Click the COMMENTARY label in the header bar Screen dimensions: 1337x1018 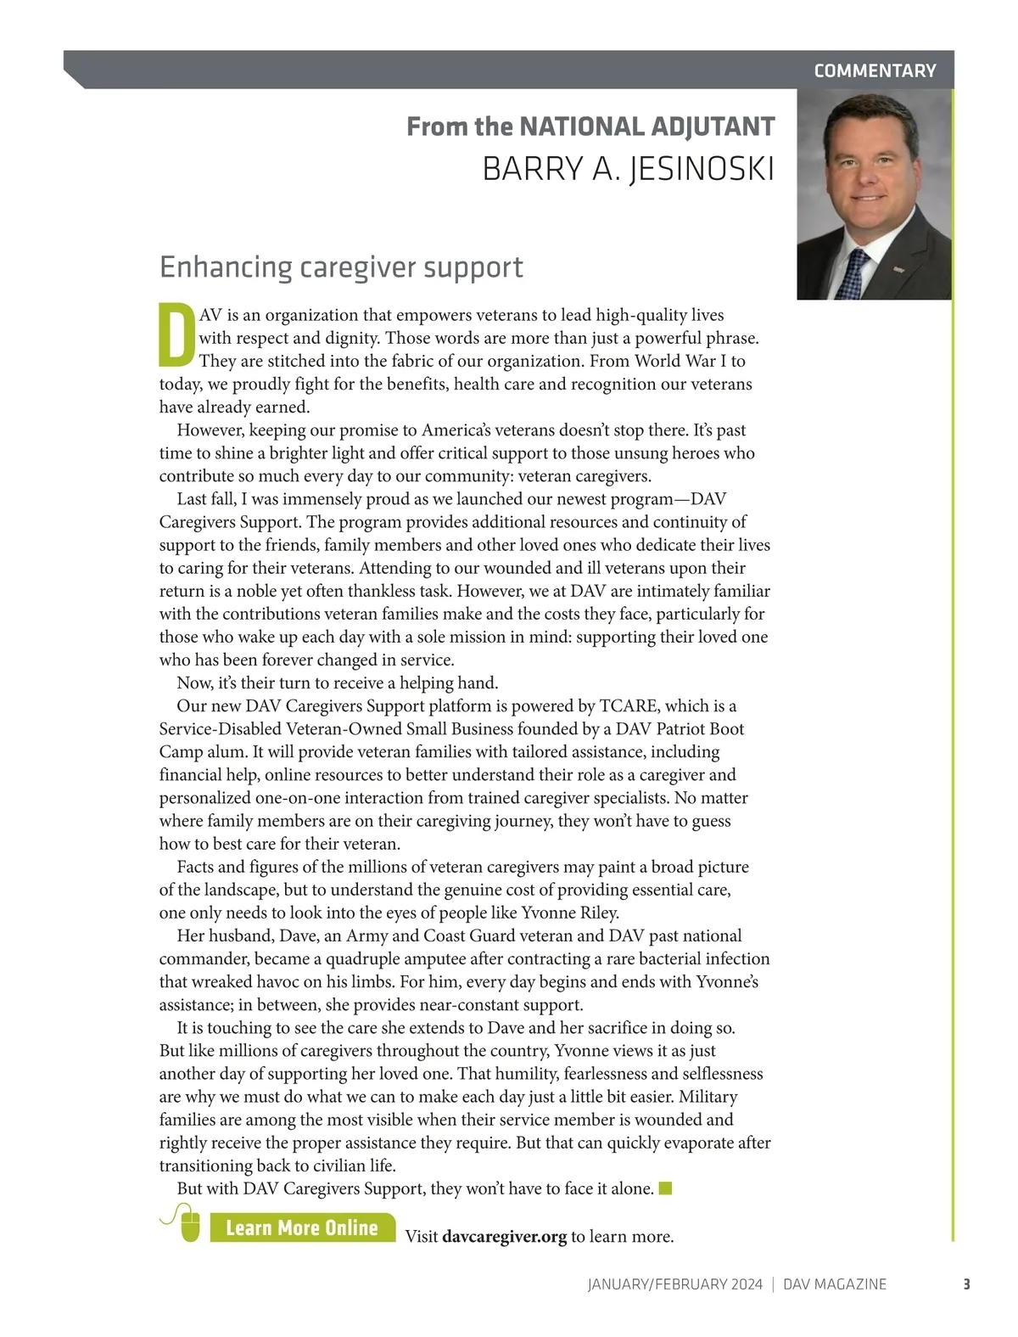click(x=875, y=70)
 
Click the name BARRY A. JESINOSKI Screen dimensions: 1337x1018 click(x=628, y=169)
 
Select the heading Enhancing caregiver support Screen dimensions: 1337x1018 click(x=341, y=267)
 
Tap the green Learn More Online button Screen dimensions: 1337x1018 click(x=302, y=1227)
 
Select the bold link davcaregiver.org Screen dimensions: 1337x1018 click(x=504, y=1236)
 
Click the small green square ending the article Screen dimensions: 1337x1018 click(x=665, y=1188)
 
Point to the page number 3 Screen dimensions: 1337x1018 click(x=965, y=1284)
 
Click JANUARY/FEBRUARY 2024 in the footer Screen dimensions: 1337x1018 click(x=674, y=1284)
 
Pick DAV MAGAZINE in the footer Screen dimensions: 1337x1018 click(x=834, y=1284)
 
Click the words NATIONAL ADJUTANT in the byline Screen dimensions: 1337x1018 click(x=646, y=126)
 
